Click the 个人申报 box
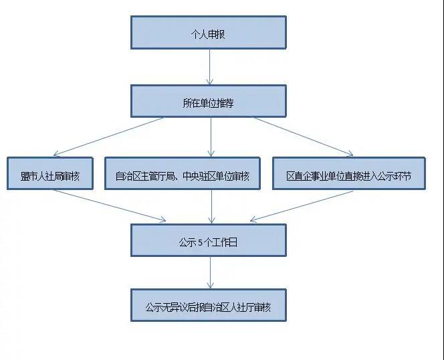point(209,32)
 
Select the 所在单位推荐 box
point(209,101)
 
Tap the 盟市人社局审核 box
point(50,173)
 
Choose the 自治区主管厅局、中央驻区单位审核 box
point(183,173)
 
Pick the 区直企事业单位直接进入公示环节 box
point(349,173)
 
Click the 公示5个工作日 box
point(209,240)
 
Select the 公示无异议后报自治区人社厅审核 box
point(209,305)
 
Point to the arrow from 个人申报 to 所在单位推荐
point(209,67)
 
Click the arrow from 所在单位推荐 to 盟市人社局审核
point(108,137)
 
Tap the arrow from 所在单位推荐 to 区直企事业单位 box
point(302,137)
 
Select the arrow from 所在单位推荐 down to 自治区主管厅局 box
point(211,137)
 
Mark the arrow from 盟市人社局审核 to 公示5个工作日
point(109,205)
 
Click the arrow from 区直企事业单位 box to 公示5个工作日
point(302,206)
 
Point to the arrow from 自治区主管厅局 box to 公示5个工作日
point(211,207)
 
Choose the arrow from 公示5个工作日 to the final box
point(211,273)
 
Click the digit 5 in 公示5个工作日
point(200,243)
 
